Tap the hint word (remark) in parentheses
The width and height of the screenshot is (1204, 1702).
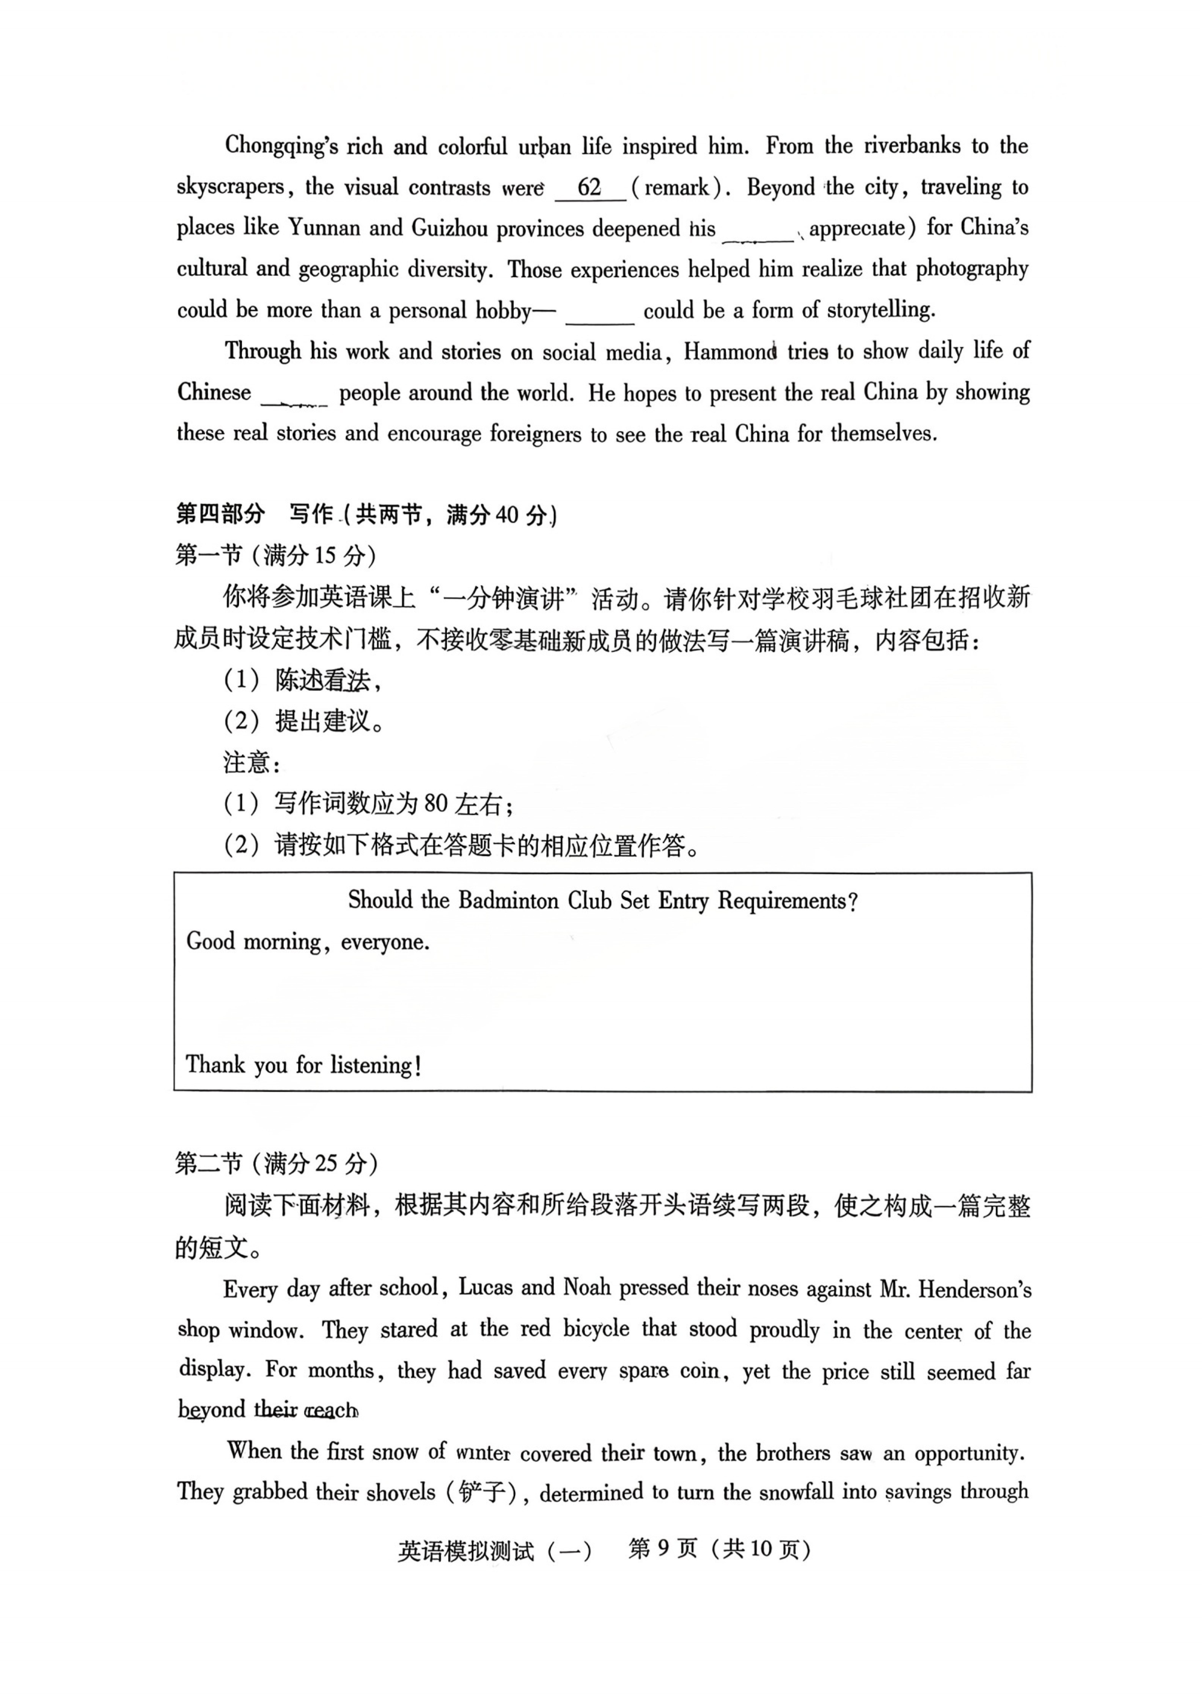676,188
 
